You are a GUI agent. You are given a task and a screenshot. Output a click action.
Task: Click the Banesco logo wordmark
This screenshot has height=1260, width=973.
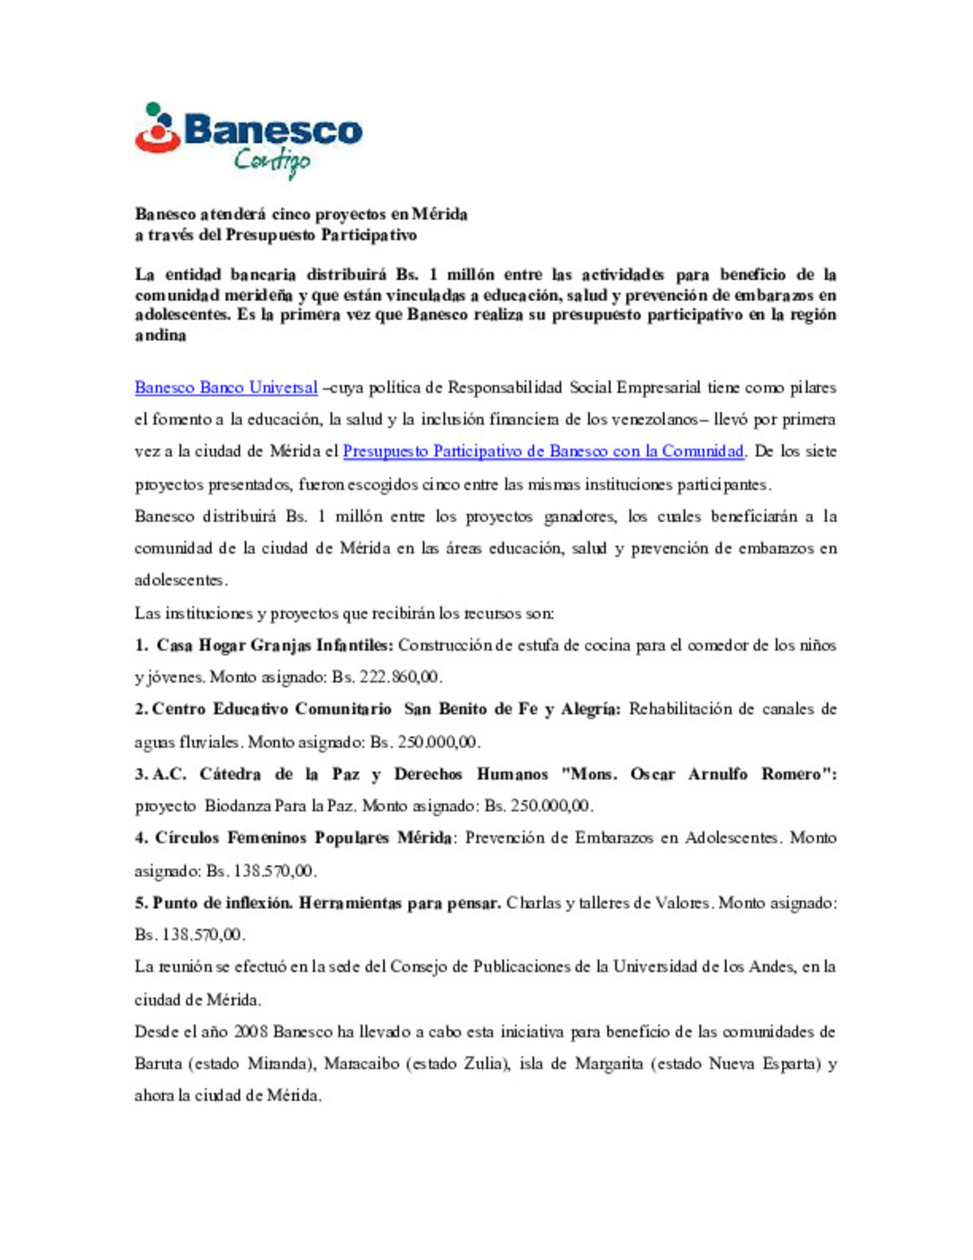(x=272, y=132)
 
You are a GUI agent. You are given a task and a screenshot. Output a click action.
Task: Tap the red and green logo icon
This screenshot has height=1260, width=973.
(x=158, y=128)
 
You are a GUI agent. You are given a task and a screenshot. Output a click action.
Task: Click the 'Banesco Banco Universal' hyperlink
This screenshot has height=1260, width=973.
(x=225, y=388)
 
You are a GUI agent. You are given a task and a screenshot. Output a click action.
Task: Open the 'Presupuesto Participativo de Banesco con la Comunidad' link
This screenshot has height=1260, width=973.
(x=543, y=452)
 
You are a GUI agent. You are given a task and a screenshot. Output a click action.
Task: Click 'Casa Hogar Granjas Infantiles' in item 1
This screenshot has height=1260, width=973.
(x=275, y=645)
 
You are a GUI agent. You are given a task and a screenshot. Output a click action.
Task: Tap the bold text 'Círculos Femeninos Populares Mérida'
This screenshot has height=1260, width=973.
(x=303, y=838)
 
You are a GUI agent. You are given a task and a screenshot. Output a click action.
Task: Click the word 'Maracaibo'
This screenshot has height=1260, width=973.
(x=361, y=1064)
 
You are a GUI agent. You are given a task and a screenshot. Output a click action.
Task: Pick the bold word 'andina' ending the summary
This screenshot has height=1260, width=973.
(x=160, y=336)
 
